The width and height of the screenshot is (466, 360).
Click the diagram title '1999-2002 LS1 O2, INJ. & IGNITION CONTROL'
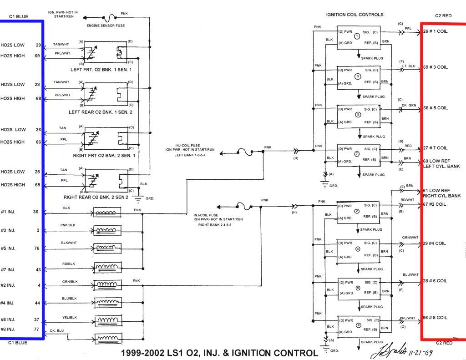(x=220, y=353)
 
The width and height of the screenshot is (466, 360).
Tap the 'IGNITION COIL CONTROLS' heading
(x=355, y=15)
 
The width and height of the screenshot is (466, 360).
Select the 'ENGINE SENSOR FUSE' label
(x=106, y=25)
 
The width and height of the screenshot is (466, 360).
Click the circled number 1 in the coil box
(x=357, y=36)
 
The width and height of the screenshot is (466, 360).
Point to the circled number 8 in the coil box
(x=358, y=325)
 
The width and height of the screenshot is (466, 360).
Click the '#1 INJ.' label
(x=8, y=212)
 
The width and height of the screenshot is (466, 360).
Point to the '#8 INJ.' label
(x=8, y=329)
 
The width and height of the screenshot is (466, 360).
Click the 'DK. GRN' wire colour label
(x=409, y=105)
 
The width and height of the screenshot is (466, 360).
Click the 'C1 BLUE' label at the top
(x=18, y=16)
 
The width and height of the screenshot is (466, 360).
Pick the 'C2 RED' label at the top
(x=443, y=15)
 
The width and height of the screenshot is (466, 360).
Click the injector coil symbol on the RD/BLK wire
(x=107, y=267)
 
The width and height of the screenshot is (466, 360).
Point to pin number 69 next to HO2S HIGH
(x=38, y=56)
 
